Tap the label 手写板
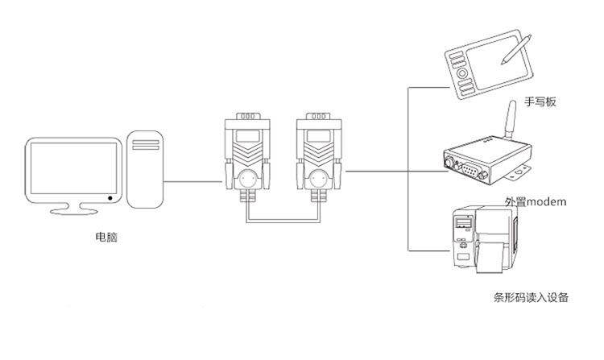point(540,101)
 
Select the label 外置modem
point(536,201)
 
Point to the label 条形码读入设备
point(531,298)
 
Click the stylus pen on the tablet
point(516,48)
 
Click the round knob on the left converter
point(247,176)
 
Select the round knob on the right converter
point(319,176)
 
